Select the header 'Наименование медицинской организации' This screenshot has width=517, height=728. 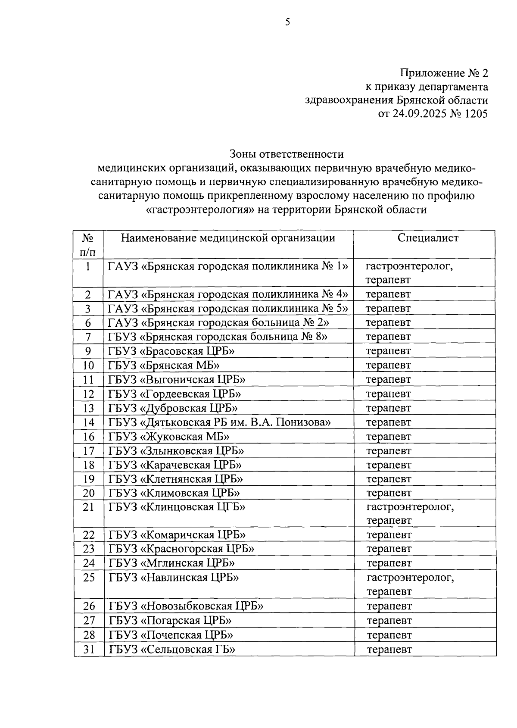[228, 237]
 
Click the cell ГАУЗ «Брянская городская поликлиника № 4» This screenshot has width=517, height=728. [228, 294]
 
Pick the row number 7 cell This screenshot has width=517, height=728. [88, 337]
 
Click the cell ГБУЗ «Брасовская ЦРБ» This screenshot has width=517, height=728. [171, 351]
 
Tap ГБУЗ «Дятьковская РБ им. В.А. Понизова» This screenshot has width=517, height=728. [219, 422]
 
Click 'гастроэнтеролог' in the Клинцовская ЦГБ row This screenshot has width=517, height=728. [410, 506]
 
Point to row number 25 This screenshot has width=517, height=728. [89, 577]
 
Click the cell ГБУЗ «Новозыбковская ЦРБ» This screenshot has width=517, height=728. [186, 606]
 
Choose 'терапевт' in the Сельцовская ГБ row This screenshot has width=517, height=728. [389, 649]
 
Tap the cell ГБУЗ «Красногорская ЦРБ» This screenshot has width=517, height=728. [181, 548]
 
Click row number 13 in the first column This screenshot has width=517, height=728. [88, 408]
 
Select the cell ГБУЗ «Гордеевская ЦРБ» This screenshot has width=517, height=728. [174, 394]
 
